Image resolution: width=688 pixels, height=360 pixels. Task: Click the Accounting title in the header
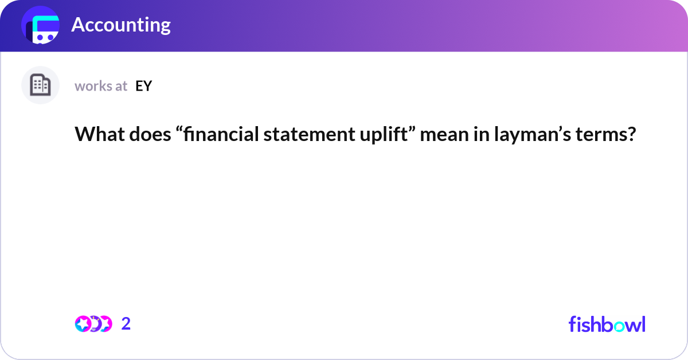click(x=121, y=25)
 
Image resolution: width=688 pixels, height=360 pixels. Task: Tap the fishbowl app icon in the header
click(x=41, y=25)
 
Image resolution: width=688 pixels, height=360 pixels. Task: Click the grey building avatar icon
click(x=40, y=85)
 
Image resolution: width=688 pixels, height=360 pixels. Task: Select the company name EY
click(x=143, y=86)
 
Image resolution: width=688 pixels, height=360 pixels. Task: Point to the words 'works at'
click(x=101, y=86)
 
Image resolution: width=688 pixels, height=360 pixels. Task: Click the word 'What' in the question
click(x=93, y=135)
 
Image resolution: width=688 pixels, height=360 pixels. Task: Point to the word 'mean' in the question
click(x=439, y=135)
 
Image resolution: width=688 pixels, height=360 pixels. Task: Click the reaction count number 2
click(x=126, y=324)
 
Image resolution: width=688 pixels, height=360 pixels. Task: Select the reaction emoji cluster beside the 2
click(x=93, y=324)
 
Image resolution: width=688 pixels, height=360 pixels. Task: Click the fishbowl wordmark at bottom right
click(x=607, y=324)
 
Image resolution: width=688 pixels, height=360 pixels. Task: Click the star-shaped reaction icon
click(x=84, y=324)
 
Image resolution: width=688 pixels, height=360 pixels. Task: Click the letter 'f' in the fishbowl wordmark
click(x=572, y=324)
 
